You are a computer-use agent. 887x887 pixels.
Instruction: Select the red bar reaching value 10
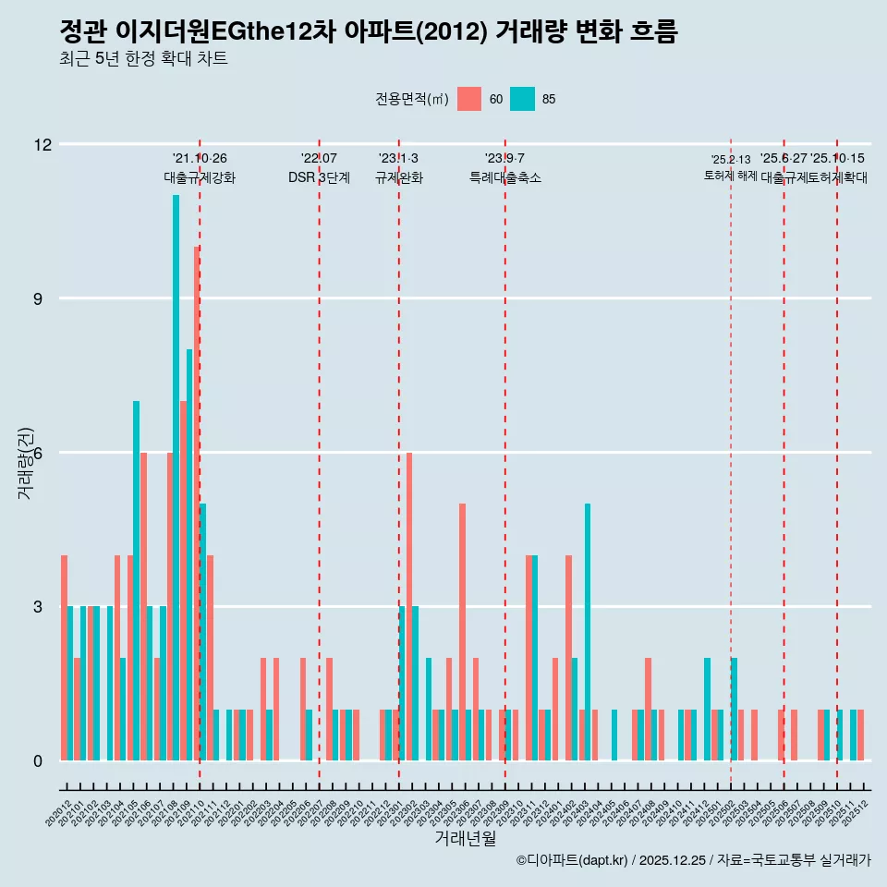197,504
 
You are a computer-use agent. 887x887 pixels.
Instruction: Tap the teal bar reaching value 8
189,554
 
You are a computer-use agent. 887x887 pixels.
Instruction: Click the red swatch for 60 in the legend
469,99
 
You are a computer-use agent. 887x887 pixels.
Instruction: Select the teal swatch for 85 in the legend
522,99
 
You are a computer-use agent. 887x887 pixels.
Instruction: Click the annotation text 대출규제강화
200,177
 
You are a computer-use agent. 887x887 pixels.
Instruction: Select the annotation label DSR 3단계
319,177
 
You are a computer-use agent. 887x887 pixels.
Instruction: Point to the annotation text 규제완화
398,177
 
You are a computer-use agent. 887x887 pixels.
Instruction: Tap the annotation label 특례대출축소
504,177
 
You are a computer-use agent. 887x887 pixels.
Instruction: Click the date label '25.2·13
730,160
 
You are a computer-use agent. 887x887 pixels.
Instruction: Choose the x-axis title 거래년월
465,838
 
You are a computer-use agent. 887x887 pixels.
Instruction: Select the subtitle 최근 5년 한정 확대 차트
143,59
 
